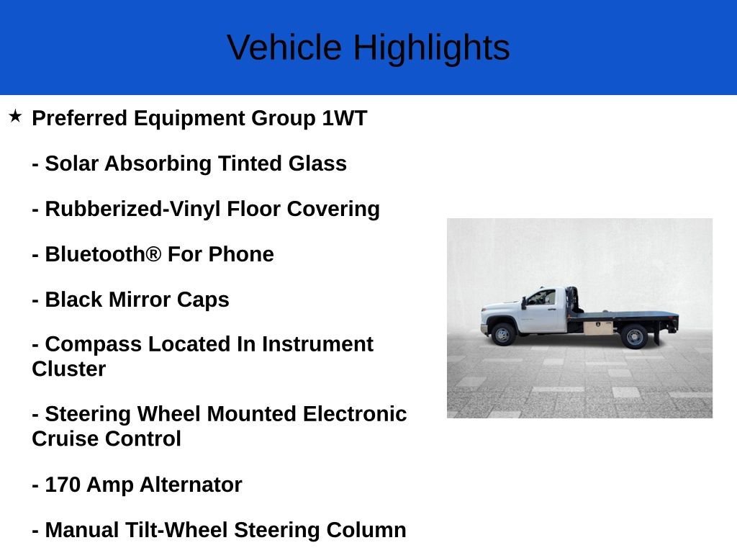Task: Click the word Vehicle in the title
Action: click(284, 48)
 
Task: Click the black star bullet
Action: click(15, 116)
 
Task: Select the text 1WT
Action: click(345, 118)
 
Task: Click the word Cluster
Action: click(68, 369)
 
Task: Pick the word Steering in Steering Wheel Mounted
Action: click(88, 415)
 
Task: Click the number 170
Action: click(63, 485)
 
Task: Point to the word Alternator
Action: click(191, 485)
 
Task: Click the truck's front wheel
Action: click(502, 334)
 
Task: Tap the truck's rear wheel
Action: click(634, 337)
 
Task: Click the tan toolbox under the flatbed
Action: click(598, 327)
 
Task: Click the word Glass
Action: click(317, 163)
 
